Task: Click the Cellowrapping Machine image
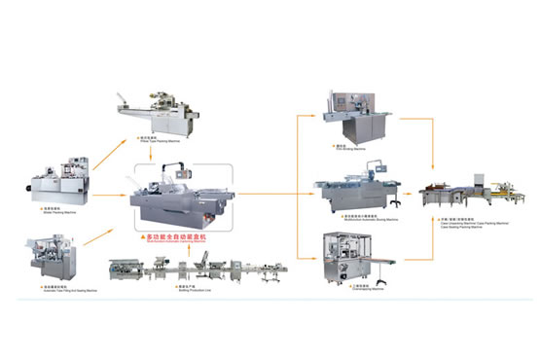(x=357, y=260)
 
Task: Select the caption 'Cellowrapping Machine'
(x=358, y=290)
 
